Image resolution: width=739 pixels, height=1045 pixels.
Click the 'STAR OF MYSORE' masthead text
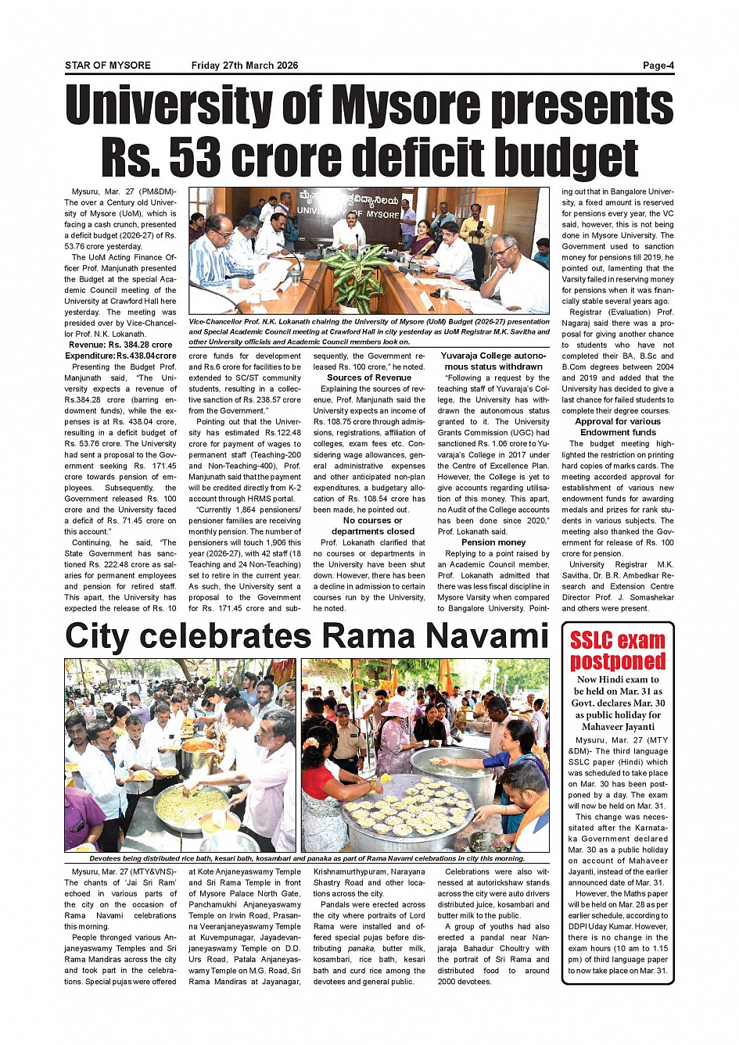tap(108, 66)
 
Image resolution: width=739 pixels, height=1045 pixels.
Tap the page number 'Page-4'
tap(658, 66)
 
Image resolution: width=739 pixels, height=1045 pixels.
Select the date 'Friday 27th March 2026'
tap(245, 66)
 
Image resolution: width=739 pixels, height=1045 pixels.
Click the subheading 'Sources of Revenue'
tap(369, 378)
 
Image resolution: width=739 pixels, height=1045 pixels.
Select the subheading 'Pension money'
tap(493, 542)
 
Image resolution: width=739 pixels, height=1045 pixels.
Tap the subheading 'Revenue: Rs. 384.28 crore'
tap(120, 345)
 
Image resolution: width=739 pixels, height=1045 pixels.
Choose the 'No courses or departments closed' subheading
tap(373, 526)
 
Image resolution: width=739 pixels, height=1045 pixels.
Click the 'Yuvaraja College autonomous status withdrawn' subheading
tap(493, 361)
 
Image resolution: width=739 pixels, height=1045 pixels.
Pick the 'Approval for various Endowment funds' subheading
tap(618, 427)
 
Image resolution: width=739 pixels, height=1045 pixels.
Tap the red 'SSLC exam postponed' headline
tap(617, 651)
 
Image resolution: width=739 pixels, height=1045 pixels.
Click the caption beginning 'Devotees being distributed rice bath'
tap(307, 858)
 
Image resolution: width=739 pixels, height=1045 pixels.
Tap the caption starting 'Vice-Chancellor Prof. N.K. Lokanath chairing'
tap(369, 331)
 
